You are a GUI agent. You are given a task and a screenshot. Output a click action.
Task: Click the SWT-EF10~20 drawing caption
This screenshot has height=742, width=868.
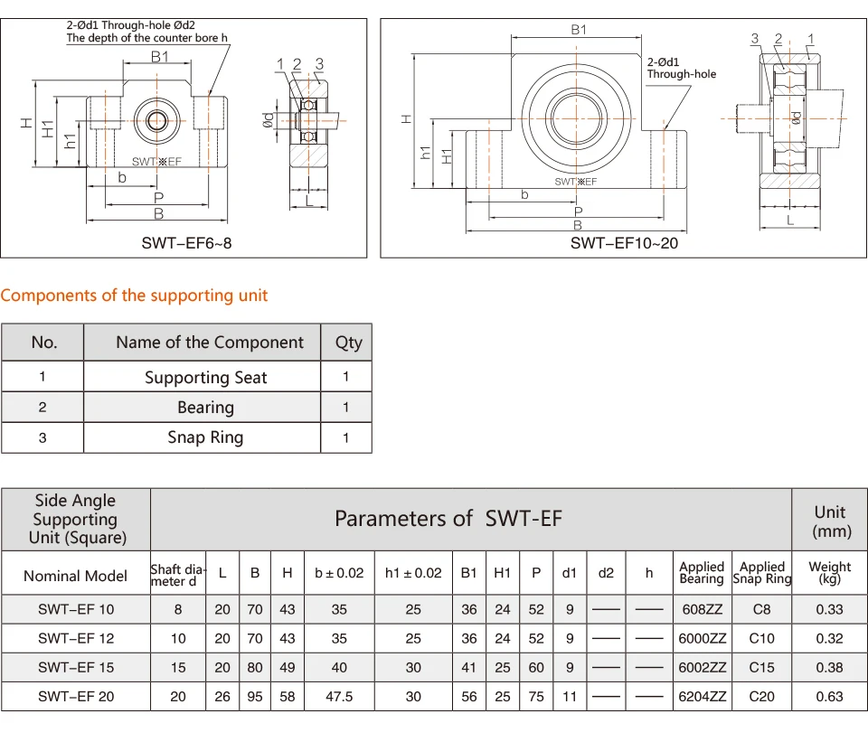[624, 242]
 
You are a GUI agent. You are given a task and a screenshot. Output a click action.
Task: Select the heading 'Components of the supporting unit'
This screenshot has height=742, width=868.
[134, 296]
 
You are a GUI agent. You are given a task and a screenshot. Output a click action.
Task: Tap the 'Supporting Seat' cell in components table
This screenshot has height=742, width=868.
[205, 378]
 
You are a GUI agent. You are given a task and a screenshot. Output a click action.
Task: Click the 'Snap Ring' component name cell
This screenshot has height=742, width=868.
[205, 437]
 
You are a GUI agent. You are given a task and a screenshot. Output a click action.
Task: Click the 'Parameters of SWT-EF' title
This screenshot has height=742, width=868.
[448, 518]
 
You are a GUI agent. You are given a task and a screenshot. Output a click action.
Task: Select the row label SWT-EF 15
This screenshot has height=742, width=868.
[76, 667]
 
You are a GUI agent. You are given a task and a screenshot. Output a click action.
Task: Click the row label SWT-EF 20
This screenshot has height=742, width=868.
[76, 696]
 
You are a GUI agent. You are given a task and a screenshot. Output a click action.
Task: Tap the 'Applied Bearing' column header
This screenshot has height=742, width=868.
[702, 573]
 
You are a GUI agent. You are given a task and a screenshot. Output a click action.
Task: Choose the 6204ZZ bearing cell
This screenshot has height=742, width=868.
[702, 696]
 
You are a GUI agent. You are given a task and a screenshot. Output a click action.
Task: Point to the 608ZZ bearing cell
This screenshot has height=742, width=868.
[702, 609]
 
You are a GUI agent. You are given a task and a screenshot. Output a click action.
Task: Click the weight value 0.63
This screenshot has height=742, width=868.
[829, 696]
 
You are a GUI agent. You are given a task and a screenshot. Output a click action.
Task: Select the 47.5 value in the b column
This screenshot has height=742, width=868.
[339, 696]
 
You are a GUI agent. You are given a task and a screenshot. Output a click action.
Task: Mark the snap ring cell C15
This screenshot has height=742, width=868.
[762, 667]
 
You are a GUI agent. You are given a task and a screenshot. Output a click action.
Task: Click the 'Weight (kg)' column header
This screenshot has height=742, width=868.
[829, 573]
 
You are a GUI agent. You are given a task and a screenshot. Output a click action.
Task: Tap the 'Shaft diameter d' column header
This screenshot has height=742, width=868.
[178, 574]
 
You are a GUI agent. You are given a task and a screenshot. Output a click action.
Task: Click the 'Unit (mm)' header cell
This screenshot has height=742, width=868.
[830, 521]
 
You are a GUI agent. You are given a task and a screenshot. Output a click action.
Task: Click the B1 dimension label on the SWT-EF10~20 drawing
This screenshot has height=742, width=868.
[579, 29]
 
